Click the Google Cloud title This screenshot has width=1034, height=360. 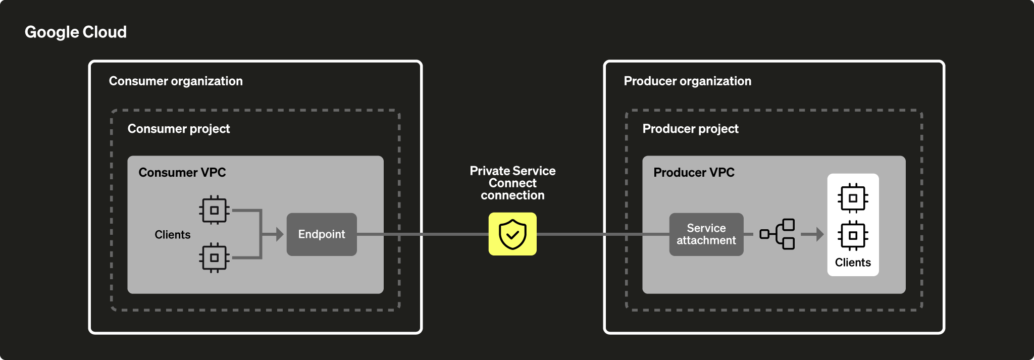pos(76,32)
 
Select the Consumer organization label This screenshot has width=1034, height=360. pos(176,81)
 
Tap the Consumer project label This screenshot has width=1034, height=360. pos(179,129)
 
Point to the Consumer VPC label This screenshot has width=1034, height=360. pos(182,173)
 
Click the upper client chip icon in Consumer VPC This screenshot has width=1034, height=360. pos(215,210)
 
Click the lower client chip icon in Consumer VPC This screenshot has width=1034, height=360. pos(215,258)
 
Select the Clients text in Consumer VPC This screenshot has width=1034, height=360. pos(173,235)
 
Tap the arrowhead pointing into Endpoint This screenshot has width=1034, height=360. pos(279,234)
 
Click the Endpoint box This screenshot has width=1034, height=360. pos(322,234)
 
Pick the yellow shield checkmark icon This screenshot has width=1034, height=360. pos(512,234)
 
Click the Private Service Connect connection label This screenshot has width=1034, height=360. pos(512,183)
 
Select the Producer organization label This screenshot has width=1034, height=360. pos(688,81)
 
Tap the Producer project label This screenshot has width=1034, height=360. pos(690,129)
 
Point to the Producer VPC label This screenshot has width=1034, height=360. pos(694,173)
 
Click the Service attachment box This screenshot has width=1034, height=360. pos(706,234)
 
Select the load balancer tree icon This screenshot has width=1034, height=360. pos(778,234)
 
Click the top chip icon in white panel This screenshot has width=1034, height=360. pos(853,198)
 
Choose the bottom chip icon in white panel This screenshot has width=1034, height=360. pos(853,235)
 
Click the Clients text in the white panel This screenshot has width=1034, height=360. pos(853,263)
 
